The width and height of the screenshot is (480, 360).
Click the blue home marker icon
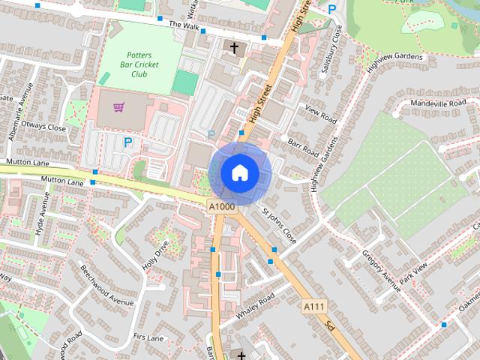[x=240, y=172]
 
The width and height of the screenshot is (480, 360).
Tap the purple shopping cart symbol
[x=118, y=107]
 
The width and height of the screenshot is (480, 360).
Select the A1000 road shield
[x=223, y=205]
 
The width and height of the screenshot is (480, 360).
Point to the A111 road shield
[x=313, y=307]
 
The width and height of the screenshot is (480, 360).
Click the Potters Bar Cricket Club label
[x=139, y=64]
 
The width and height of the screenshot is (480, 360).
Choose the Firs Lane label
[x=147, y=338]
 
